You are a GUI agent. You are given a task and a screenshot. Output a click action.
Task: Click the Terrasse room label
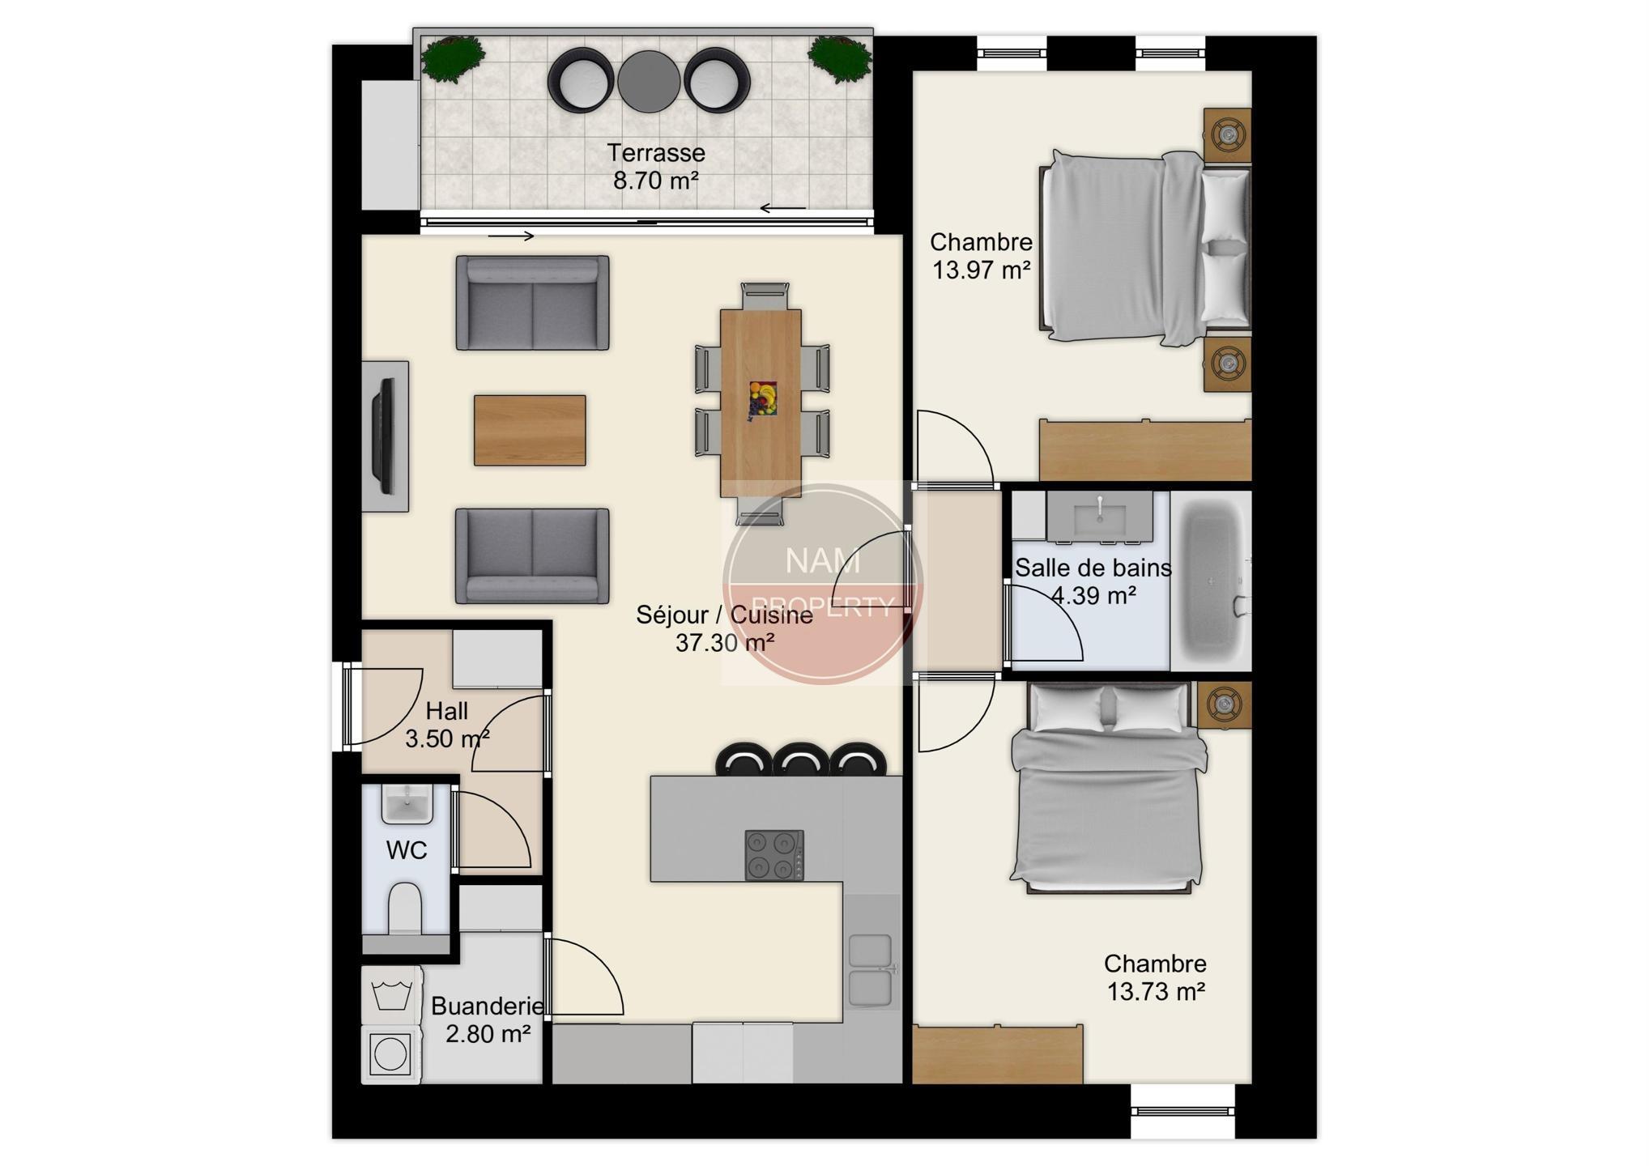pyautogui.click(x=656, y=152)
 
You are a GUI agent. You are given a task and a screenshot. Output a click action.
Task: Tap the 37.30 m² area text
pyautogui.click(x=725, y=643)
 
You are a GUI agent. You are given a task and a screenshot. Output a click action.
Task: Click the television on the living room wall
pyautogui.click(x=384, y=436)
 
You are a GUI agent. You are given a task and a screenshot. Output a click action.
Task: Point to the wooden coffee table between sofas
pyautogui.click(x=530, y=430)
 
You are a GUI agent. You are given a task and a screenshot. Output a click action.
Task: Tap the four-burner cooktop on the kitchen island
pyautogui.click(x=774, y=855)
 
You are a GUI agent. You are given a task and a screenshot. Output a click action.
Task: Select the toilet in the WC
pyautogui.click(x=405, y=909)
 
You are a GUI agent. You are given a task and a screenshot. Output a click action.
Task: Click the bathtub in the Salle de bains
pyautogui.click(x=1211, y=581)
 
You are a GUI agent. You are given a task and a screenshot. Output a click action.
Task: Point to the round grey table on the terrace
pyautogui.click(x=649, y=82)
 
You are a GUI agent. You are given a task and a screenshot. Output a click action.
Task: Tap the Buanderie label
pyautogui.click(x=487, y=1006)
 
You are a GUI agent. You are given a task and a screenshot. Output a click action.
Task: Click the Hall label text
pyautogui.click(x=447, y=711)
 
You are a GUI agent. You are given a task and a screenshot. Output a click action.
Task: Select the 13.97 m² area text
pyautogui.click(x=981, y=270)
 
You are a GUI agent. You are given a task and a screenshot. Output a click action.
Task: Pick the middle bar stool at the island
pyautogui.click(x=799, y=760)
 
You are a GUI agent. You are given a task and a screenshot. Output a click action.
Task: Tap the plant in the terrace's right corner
pyautogui.click(x=839, y=59)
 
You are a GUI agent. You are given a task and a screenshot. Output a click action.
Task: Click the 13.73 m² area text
pyautogui.click(x=1156, y=991)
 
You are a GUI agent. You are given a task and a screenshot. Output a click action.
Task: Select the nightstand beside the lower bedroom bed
pyautogui.click(x=1224, y=704)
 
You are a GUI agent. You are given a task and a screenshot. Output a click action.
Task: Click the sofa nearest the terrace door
pyautogui.click(x=532, y=303)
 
